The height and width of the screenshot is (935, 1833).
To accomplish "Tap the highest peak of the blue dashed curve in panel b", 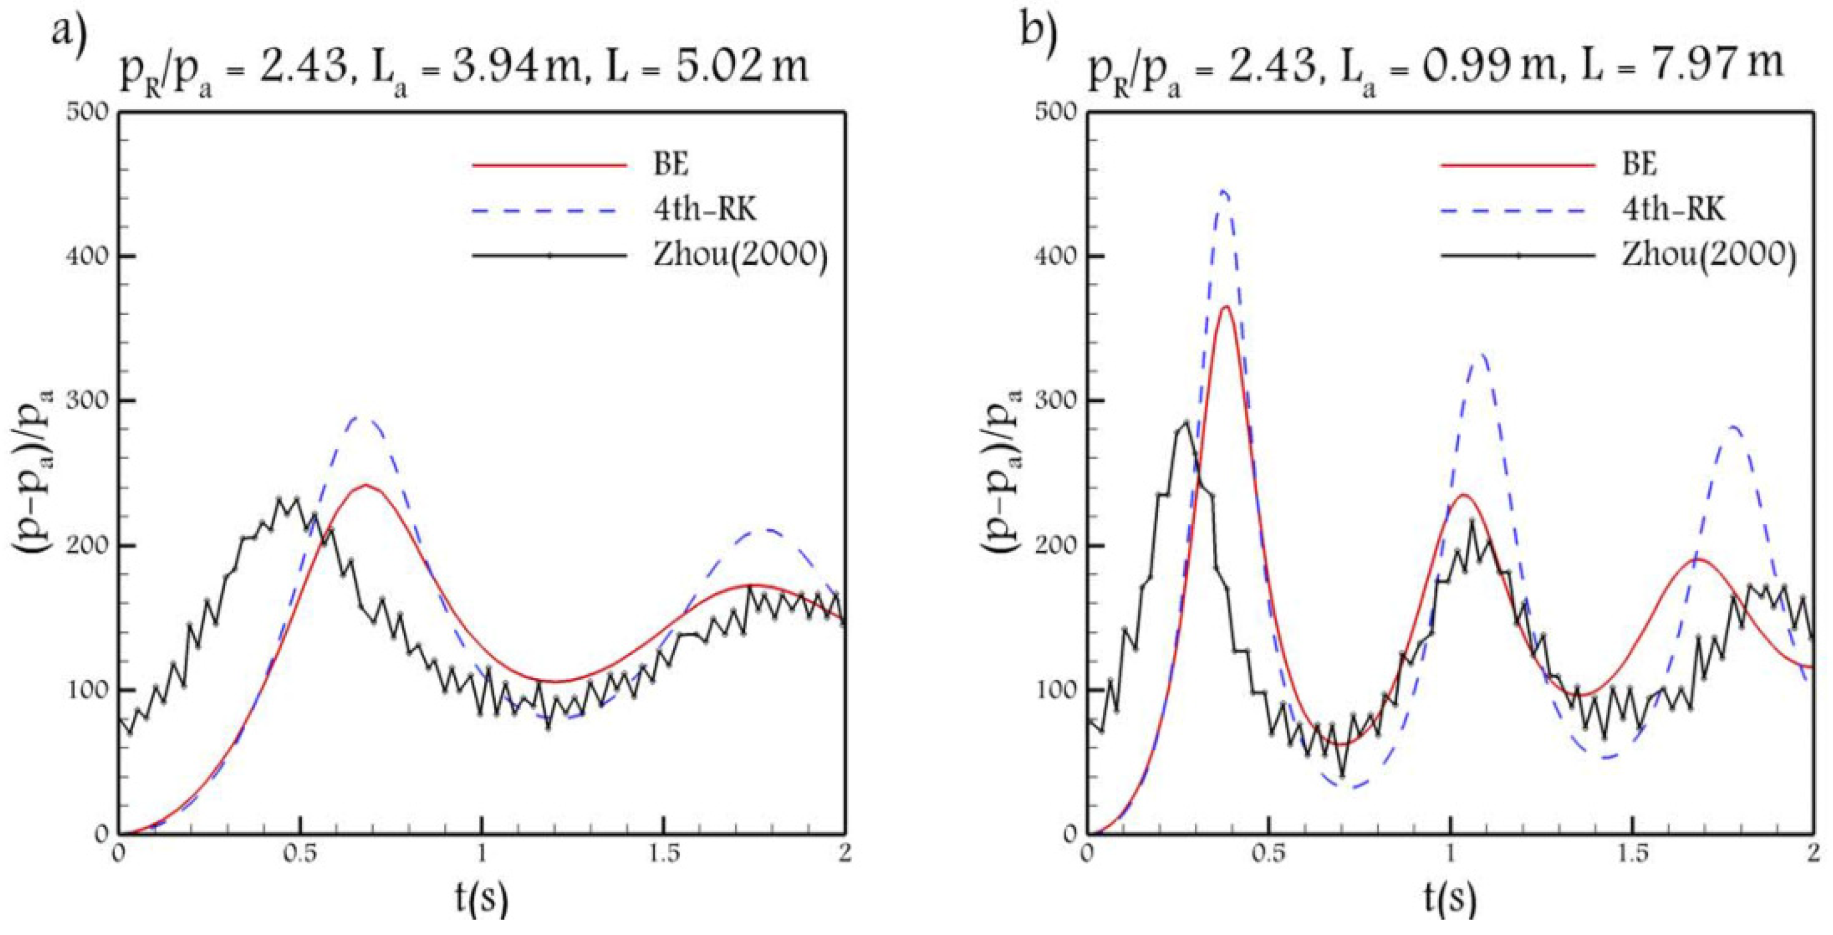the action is [1224, 191].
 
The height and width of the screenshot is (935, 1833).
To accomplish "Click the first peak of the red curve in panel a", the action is [366, 484].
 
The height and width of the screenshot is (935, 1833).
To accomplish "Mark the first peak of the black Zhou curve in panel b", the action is [1186, 422].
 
